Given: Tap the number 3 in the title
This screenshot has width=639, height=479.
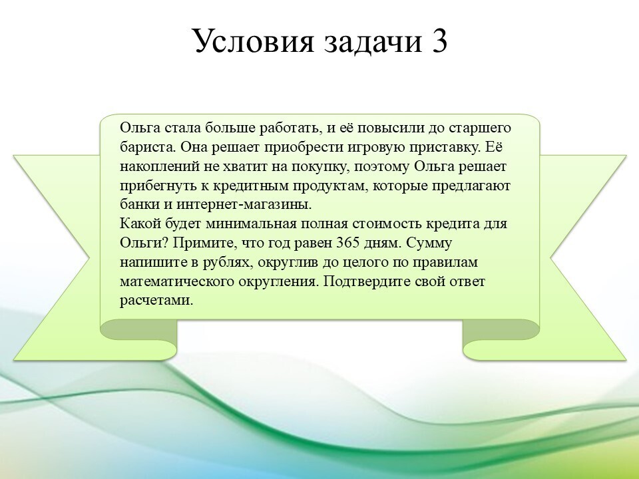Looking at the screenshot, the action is click(x=438, y=41).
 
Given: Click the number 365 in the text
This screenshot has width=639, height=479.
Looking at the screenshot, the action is click(x=348, y=243).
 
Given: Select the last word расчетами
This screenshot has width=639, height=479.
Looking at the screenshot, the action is click(x=156, y=301).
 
